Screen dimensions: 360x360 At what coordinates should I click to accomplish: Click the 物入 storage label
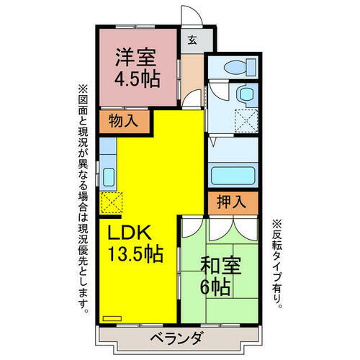point(123,122)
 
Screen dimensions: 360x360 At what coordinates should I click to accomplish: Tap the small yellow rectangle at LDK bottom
point(112,317)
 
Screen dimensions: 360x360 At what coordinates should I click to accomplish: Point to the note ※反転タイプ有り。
point(278,264)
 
